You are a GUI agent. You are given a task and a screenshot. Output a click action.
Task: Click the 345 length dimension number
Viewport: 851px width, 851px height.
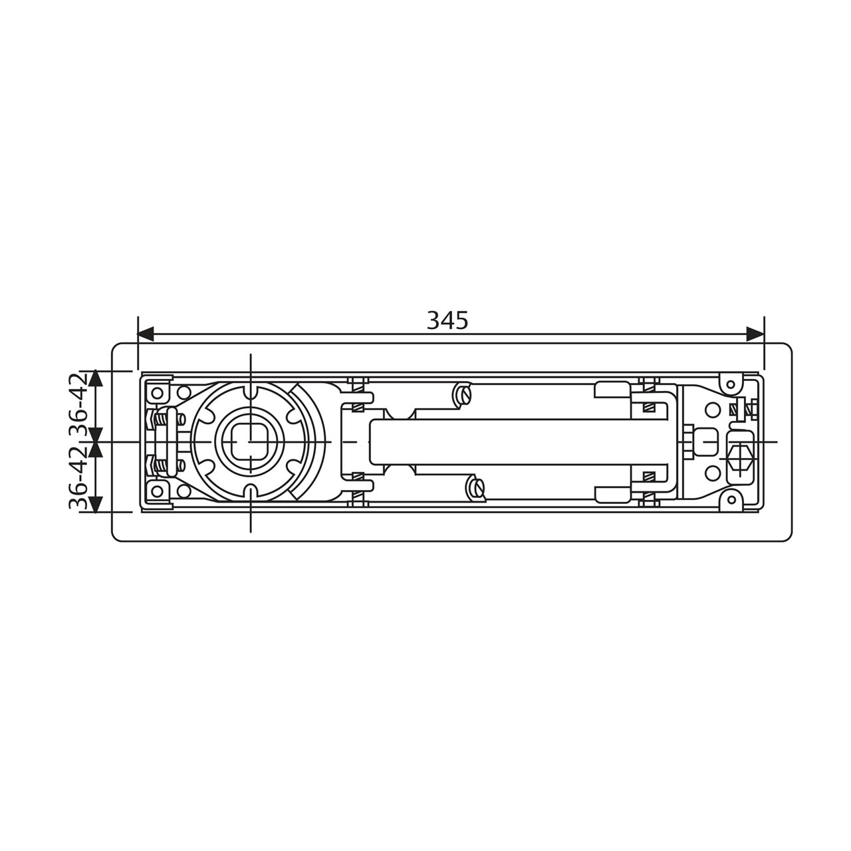click(x=447, y=320)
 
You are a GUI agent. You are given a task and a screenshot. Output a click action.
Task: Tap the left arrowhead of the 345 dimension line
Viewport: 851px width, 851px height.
click(x=146, y=334)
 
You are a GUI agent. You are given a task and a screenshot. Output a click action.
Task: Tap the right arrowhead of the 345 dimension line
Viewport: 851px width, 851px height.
click(x=756, y=334)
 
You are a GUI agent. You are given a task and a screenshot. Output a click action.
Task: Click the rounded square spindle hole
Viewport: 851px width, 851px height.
click(x=251, y=442)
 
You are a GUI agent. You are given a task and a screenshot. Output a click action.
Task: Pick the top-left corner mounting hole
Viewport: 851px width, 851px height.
click(x=157, y=393)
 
